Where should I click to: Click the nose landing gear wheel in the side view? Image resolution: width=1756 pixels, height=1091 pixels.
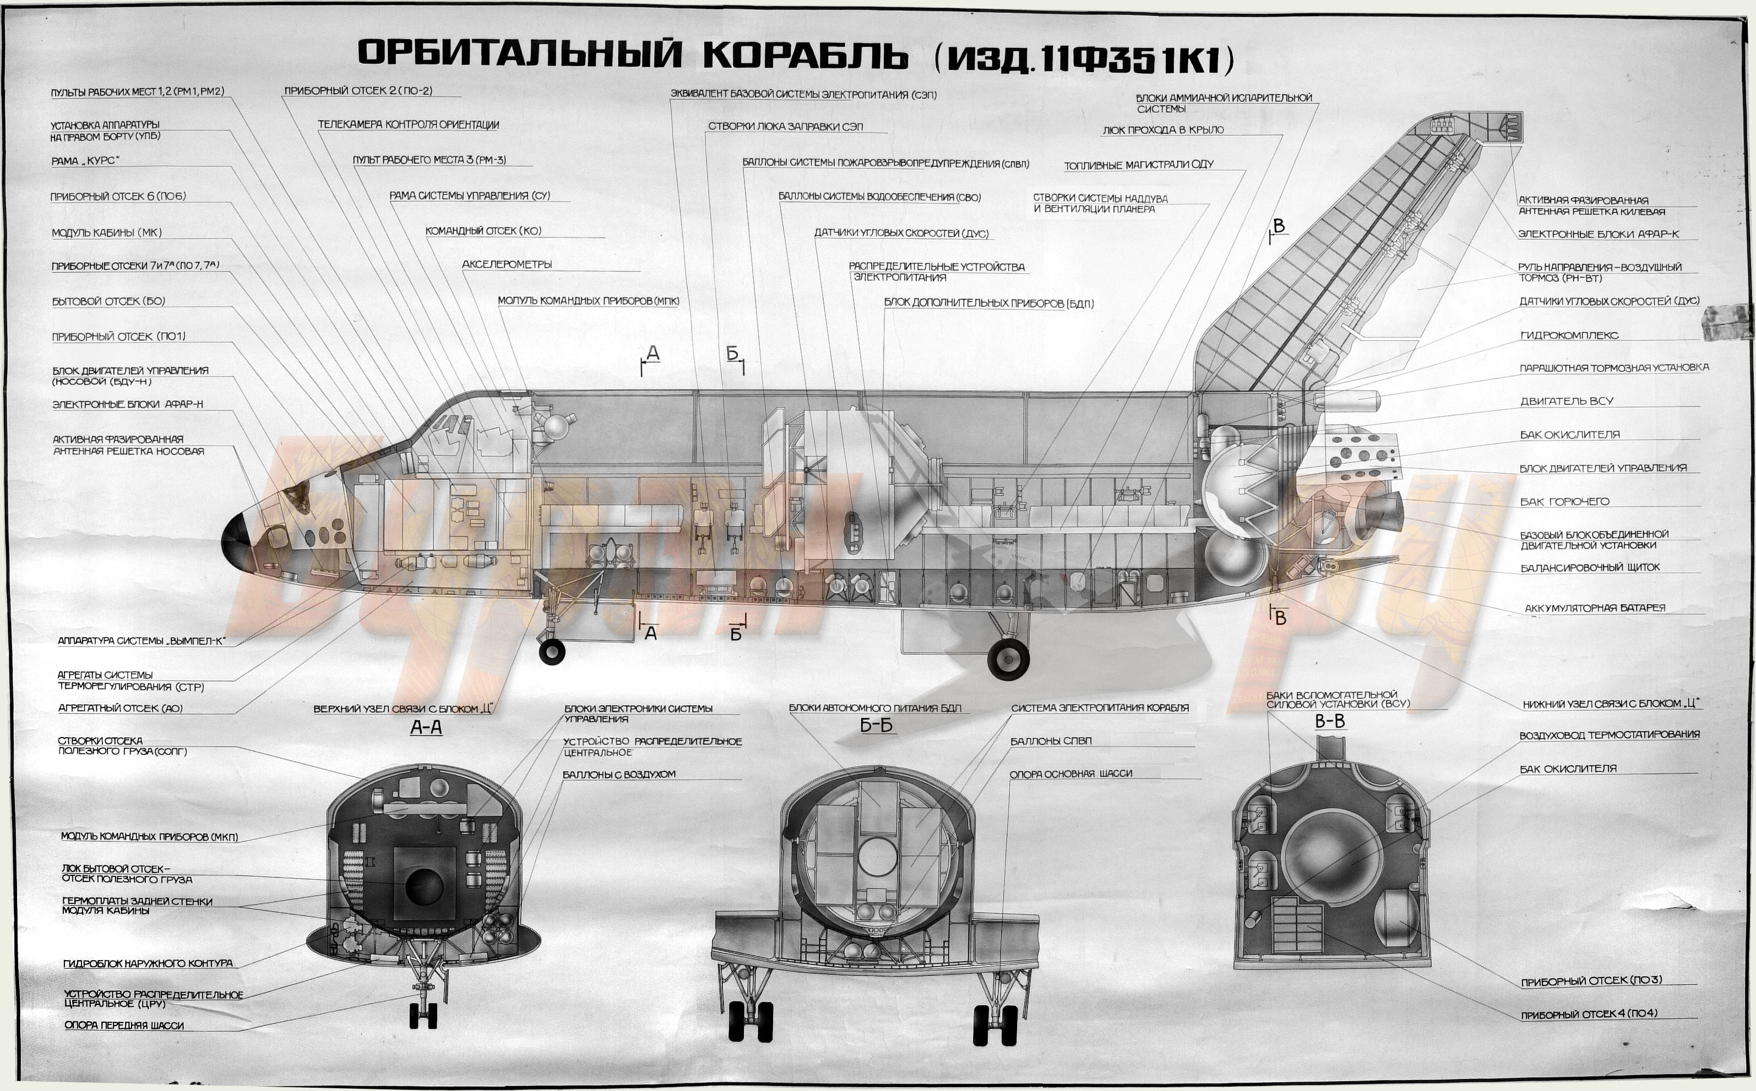pos(552,651)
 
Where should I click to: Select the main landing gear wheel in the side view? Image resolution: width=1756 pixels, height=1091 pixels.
pos(1008,658)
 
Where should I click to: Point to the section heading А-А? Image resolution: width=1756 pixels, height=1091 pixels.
pos(426,727)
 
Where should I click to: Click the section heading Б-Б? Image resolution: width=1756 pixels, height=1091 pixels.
pos(876,725)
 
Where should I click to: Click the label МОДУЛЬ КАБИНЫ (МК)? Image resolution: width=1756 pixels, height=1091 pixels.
pos(107,232)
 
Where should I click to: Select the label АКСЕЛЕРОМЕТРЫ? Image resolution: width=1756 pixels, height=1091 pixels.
pos(507,264)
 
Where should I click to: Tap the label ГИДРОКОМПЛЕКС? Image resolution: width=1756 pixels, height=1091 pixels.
pos(1569,335)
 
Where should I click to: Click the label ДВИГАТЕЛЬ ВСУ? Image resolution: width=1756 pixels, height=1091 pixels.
pos(1566,401)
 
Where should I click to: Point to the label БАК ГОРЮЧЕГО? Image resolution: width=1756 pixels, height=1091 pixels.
pos(1565,501)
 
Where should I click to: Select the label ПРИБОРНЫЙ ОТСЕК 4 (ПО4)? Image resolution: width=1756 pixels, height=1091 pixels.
pos(1589,1014)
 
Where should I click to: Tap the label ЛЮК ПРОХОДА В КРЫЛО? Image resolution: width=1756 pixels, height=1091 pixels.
pos(1162,130)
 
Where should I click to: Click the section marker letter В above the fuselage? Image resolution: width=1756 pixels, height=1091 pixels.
pos(1279,226)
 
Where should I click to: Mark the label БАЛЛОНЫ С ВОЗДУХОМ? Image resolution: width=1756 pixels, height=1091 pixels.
pos(619,774)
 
